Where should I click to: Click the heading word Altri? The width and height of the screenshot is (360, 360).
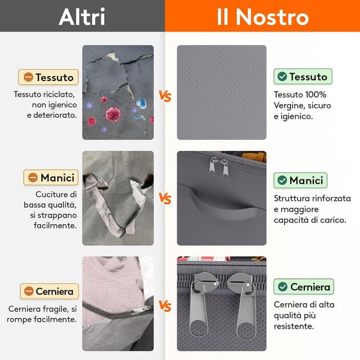[82, 16]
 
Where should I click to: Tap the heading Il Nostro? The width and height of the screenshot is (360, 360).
[263, 17]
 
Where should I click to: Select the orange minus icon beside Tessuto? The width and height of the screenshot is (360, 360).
[29, 77]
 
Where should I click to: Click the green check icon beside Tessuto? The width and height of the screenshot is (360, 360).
[282, 76]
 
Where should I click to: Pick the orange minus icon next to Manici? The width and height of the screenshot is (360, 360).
[33, 178]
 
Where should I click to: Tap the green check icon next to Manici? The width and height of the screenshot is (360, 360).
[282, 180]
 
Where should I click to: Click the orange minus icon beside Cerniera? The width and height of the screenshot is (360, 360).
[29, 291]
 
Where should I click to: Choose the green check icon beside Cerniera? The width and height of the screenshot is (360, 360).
[282, 286]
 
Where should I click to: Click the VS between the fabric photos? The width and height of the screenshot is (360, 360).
[165, 96]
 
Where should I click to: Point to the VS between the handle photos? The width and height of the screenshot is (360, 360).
[165, 199]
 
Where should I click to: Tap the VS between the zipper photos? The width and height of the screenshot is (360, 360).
[165, 306]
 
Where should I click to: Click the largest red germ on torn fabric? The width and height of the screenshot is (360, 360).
[113, 114]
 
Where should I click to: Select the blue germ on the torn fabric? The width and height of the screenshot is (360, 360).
[141, 103]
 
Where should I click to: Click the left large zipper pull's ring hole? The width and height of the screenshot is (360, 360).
[199, 328]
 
